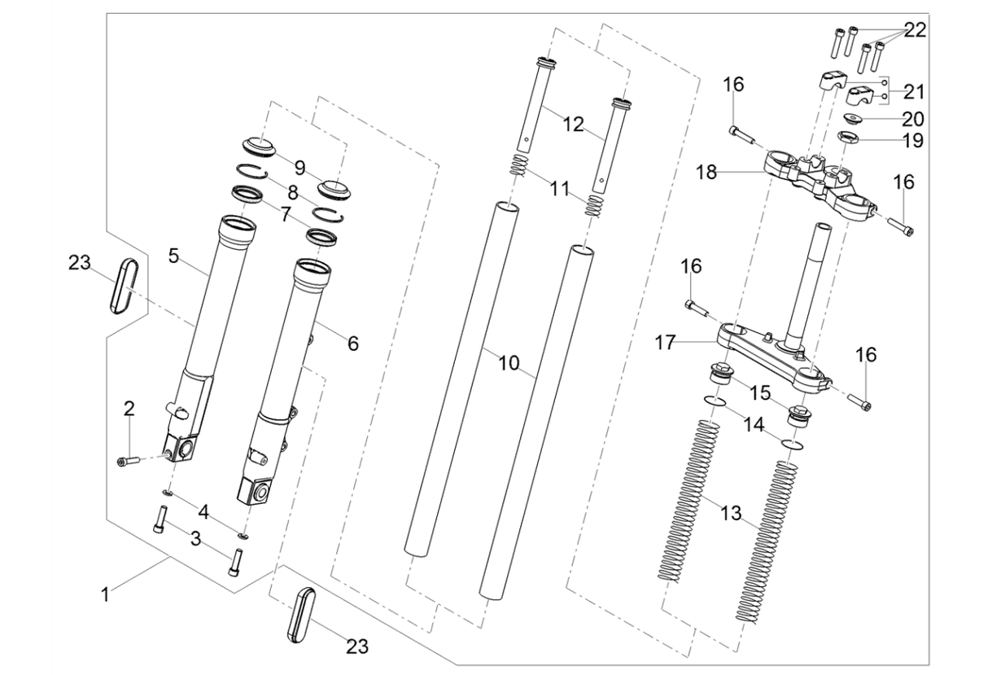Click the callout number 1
104,595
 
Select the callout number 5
173,256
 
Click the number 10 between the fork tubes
509,363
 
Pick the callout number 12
573,125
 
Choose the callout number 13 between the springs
731,513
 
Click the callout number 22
915,31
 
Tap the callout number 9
300,169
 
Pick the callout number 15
759,392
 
